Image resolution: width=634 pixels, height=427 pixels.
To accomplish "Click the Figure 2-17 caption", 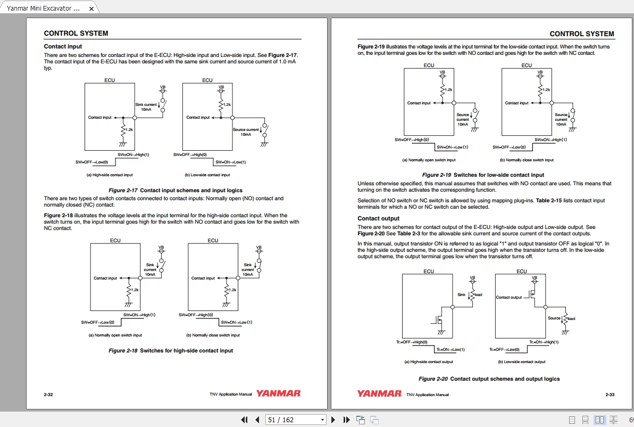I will (175, 190).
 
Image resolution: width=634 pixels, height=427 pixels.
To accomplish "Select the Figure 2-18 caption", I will (171, 350).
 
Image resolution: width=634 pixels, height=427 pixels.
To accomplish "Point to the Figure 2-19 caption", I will (483, 175).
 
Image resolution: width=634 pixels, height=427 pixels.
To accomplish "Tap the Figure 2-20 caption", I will (489, 379).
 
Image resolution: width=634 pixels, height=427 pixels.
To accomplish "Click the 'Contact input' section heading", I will (63, 47).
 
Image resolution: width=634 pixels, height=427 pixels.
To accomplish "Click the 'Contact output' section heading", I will (378, 218).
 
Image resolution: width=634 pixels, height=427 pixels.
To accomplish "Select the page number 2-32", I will (48, 395).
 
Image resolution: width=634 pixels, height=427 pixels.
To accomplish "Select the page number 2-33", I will (610, 395).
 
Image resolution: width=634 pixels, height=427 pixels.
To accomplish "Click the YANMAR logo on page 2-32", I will (278, 394).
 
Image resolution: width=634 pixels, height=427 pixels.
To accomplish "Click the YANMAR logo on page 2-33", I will (379, 394).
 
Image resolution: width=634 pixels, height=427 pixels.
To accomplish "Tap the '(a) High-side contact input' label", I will (110, 175).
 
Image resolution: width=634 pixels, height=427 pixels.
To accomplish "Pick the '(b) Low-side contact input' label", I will (207, 175).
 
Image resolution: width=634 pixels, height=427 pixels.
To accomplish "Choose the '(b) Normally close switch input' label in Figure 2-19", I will (526, 160).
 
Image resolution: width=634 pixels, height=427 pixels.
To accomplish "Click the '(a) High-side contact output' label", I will (429, 362).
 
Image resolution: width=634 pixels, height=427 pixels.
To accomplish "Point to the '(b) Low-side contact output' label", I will (521, 362).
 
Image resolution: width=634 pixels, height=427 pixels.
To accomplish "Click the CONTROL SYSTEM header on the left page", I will (76, 33).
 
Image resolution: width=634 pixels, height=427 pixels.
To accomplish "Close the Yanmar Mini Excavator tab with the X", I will (91, 9).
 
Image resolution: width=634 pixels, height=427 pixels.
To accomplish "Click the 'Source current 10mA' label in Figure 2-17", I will (246, 132).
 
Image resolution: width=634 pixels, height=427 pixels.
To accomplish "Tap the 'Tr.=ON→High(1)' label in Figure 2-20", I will (544, 342).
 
